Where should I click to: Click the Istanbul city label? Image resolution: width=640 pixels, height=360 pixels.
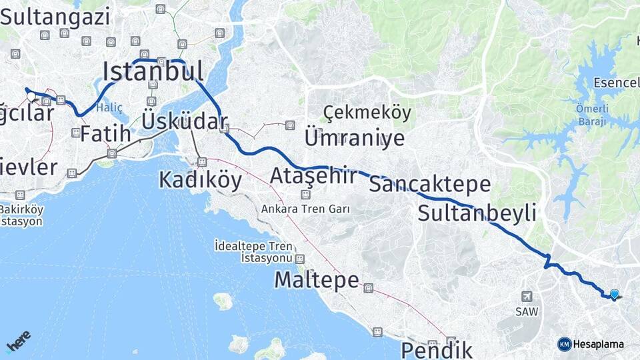pos(153,70)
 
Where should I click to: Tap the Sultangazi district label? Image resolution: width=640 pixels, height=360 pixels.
pos(59,17)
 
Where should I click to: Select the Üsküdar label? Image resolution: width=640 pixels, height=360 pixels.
pos(185,121)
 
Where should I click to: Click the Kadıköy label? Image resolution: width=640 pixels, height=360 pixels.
pos(200,180)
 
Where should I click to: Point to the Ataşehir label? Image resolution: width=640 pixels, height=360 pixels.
pos(313,176)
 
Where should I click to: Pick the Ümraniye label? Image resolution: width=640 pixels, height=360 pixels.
pos(355,138)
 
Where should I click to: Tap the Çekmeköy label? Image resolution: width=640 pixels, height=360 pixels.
pos(367,113)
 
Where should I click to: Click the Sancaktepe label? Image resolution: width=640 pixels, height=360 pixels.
pos(429,184)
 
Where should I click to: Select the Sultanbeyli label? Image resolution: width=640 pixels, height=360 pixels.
pos(477,213)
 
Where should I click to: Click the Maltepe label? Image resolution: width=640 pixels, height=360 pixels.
pos(317,280)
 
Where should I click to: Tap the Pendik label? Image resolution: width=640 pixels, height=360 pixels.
pos(437,349)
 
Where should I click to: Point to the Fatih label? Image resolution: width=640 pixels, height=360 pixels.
pos(105,133)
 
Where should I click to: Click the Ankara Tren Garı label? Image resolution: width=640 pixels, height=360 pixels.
pos(306,209)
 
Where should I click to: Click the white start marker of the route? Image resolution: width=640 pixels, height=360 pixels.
pos(31,97)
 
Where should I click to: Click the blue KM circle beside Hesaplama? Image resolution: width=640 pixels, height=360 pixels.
pos(564,344)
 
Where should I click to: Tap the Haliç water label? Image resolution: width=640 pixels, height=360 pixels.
pos(109,107)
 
